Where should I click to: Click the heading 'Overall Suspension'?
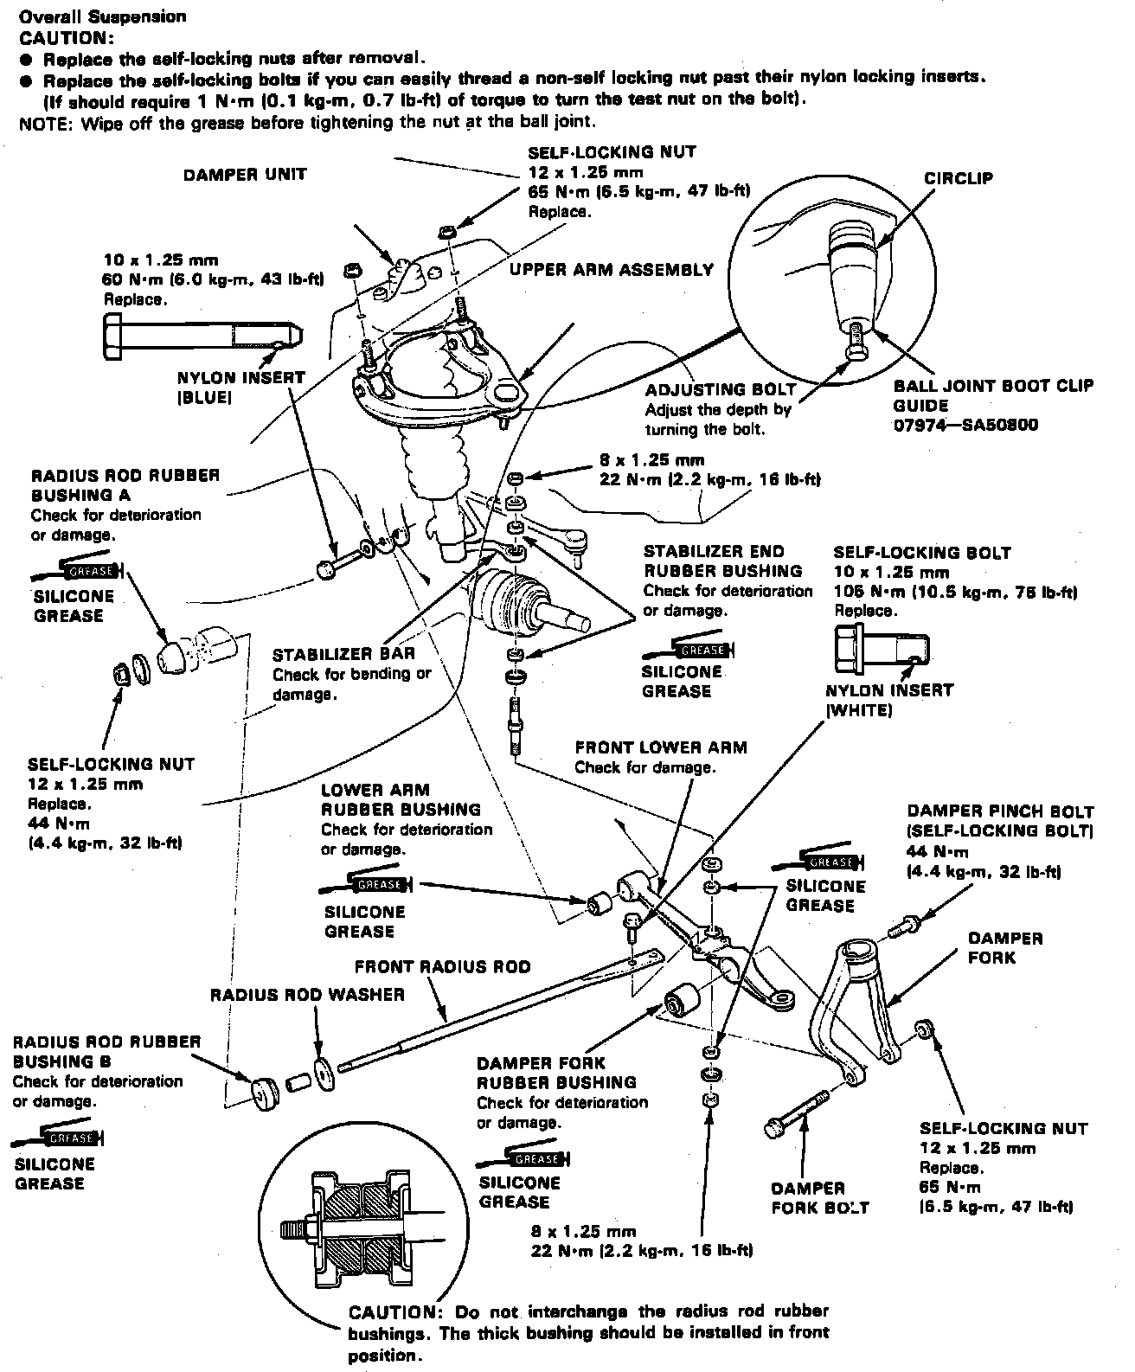(x=102, y=16)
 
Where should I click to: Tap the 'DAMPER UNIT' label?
(x=245, y=175)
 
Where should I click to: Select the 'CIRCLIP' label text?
(x=958, y=179)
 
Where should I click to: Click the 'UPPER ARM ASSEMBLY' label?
(x=612, y=270)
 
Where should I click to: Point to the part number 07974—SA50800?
(x=965, y=426)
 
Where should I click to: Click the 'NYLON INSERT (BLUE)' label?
(x=240, y=388)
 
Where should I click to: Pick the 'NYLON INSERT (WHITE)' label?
(x=889, y=700)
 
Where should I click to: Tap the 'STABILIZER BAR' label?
(x=343, y=655)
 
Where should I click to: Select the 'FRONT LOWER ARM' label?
(x=661, y=747)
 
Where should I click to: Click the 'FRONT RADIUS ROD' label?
(x=442, y=966)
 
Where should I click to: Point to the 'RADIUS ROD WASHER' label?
(x=307, y=995)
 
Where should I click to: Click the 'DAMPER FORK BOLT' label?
(x=820, y=1198)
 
